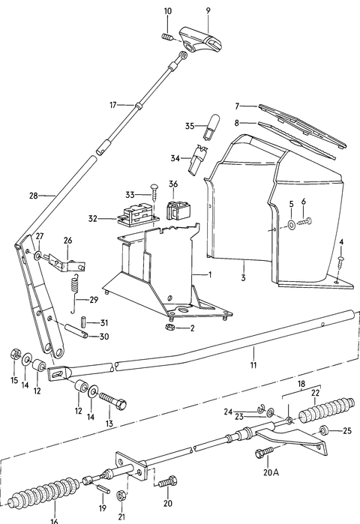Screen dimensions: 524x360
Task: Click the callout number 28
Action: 33,196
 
